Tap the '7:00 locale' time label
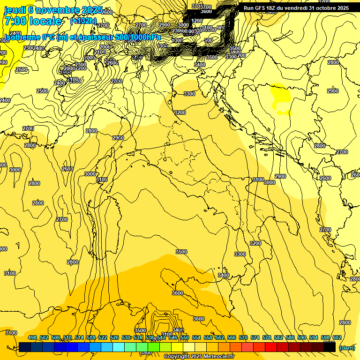coord(32,21)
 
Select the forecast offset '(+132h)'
coord(83,21)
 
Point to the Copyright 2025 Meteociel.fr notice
coord(199,357)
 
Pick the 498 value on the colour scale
coord(32,337)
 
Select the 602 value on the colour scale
coord(337,337)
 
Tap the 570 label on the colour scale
coord(243,337)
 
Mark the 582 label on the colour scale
coord(278,337)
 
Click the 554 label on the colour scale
coord(196,337)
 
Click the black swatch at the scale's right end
coord(330,347)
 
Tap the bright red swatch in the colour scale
coord(271,347)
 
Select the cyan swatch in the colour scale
coord(119,347)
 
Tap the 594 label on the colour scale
coord(314,337)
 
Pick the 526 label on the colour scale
coord(114,337)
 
